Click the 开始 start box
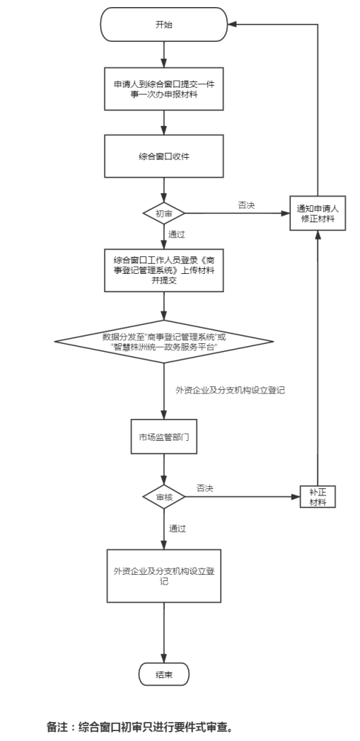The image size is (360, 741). [x=164, y=25]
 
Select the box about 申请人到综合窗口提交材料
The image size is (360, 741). [x=164, y=89]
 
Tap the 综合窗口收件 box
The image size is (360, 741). [x=164, y=156]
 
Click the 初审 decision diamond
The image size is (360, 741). [x=164, y=214]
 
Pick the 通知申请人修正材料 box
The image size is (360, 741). [x=318, y=213]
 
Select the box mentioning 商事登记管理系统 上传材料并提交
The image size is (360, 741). [x=164, y=270]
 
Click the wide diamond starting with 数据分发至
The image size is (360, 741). [x=164, y=341]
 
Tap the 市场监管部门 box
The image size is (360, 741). [x=164, y=437]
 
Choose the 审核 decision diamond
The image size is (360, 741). [x=164, y=497]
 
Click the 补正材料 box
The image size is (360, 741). [x=318, y=497]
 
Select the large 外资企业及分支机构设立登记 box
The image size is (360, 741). [x=164, y=575]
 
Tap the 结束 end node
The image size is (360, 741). [x=164, y=674]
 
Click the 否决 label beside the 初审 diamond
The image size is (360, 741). [x=246, y=205]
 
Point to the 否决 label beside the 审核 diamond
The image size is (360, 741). [x=205, y=488]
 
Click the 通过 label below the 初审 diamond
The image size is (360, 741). [x=177, y=234]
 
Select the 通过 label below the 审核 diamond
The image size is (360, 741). [x=177, y=529]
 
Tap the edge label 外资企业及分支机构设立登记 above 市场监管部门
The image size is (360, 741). [x=230, y=391]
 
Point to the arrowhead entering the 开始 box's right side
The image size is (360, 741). [x=231, y=25]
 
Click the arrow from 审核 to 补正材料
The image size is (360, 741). [x=243, y=497]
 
